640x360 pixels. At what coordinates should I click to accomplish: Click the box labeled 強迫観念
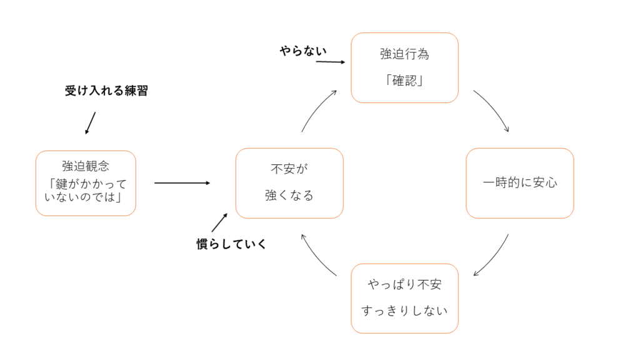point(86,183)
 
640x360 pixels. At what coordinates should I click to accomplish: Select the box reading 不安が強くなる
point(289,183)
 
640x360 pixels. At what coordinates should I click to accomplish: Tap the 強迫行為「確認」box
point(404,67)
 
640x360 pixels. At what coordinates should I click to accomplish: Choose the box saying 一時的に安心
point(519,183)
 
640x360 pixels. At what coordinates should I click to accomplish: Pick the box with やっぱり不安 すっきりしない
point(404,298)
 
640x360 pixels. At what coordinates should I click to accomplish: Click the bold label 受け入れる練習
point(106,91)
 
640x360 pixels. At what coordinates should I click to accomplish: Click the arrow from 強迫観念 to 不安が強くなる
point(182,183)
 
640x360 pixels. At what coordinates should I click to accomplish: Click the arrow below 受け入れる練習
point(91,123)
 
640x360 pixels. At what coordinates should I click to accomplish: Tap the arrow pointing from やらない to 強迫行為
point(331,62)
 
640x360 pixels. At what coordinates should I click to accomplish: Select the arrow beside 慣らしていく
point(219,222)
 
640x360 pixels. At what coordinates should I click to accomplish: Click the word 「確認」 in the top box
point(404,81)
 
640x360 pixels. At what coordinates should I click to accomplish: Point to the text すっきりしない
point(404,310)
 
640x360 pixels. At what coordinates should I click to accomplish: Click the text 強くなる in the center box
point(289,196)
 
